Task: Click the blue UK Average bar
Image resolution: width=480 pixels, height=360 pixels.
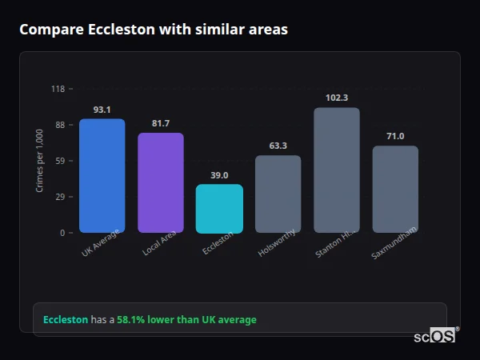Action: [x=102, y=176]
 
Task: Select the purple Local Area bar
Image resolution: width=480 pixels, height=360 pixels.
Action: [x=161, y=183]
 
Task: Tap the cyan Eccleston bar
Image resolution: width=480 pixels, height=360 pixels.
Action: [x=219, y=209]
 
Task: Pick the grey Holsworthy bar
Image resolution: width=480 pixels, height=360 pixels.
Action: [x=278, y=194]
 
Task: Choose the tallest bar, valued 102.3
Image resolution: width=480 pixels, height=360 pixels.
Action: [x=337, y=170]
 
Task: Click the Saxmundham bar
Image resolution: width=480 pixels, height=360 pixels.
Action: [x=395, y=190]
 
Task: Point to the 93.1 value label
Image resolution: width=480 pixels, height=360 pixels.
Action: [x=102, y=110]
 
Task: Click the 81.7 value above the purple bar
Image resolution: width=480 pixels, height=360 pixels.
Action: [x=161, y=123]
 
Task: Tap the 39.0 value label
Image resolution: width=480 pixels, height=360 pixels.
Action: [x=219, y=175]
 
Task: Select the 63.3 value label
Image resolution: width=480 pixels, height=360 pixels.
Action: [x=278, y=146]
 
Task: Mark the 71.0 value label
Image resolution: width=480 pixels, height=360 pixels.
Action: [x=395, y=136]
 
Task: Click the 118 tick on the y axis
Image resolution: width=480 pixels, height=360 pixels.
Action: [x=58, y=89]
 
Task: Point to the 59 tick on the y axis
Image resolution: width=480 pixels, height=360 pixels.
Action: [x=60, y=161]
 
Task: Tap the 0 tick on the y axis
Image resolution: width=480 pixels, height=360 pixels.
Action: [x=62, y=233]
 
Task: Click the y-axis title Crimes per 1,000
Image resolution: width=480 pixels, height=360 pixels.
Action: [x=40, y=161]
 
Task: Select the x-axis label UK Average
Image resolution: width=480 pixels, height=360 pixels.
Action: [x=101, y=243]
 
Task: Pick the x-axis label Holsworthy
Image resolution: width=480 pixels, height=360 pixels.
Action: [x=278, y=243]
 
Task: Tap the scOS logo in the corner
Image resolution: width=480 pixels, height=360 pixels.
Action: [x=435, y=336]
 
